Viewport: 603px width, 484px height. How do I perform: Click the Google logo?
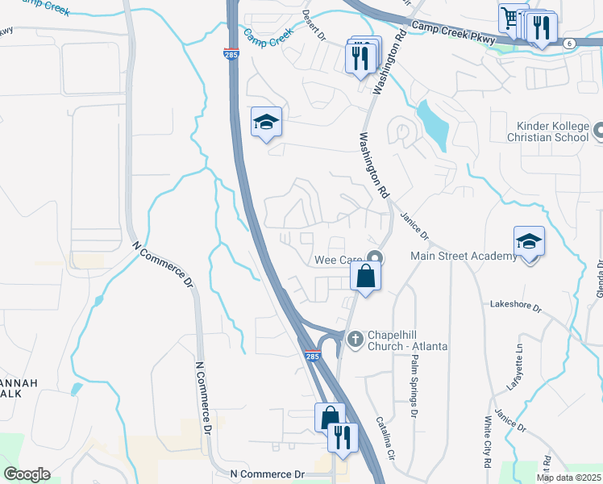[x=27, y=474]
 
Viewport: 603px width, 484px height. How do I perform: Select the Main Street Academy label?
[x=464, y=257]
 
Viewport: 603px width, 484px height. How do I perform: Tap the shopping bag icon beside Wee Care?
[x=365, y=276]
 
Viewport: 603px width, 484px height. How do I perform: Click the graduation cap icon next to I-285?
[x=265, y=123]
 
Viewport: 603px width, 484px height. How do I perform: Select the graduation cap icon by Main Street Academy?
[x=529, y=242]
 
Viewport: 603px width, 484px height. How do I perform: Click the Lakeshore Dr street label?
[x=515, y=307]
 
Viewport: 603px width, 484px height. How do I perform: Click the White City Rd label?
[x=487, y=444]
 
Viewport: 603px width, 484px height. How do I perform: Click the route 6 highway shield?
[x=570, y=43]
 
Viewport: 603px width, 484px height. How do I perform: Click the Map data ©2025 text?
[x=568, y=478]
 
